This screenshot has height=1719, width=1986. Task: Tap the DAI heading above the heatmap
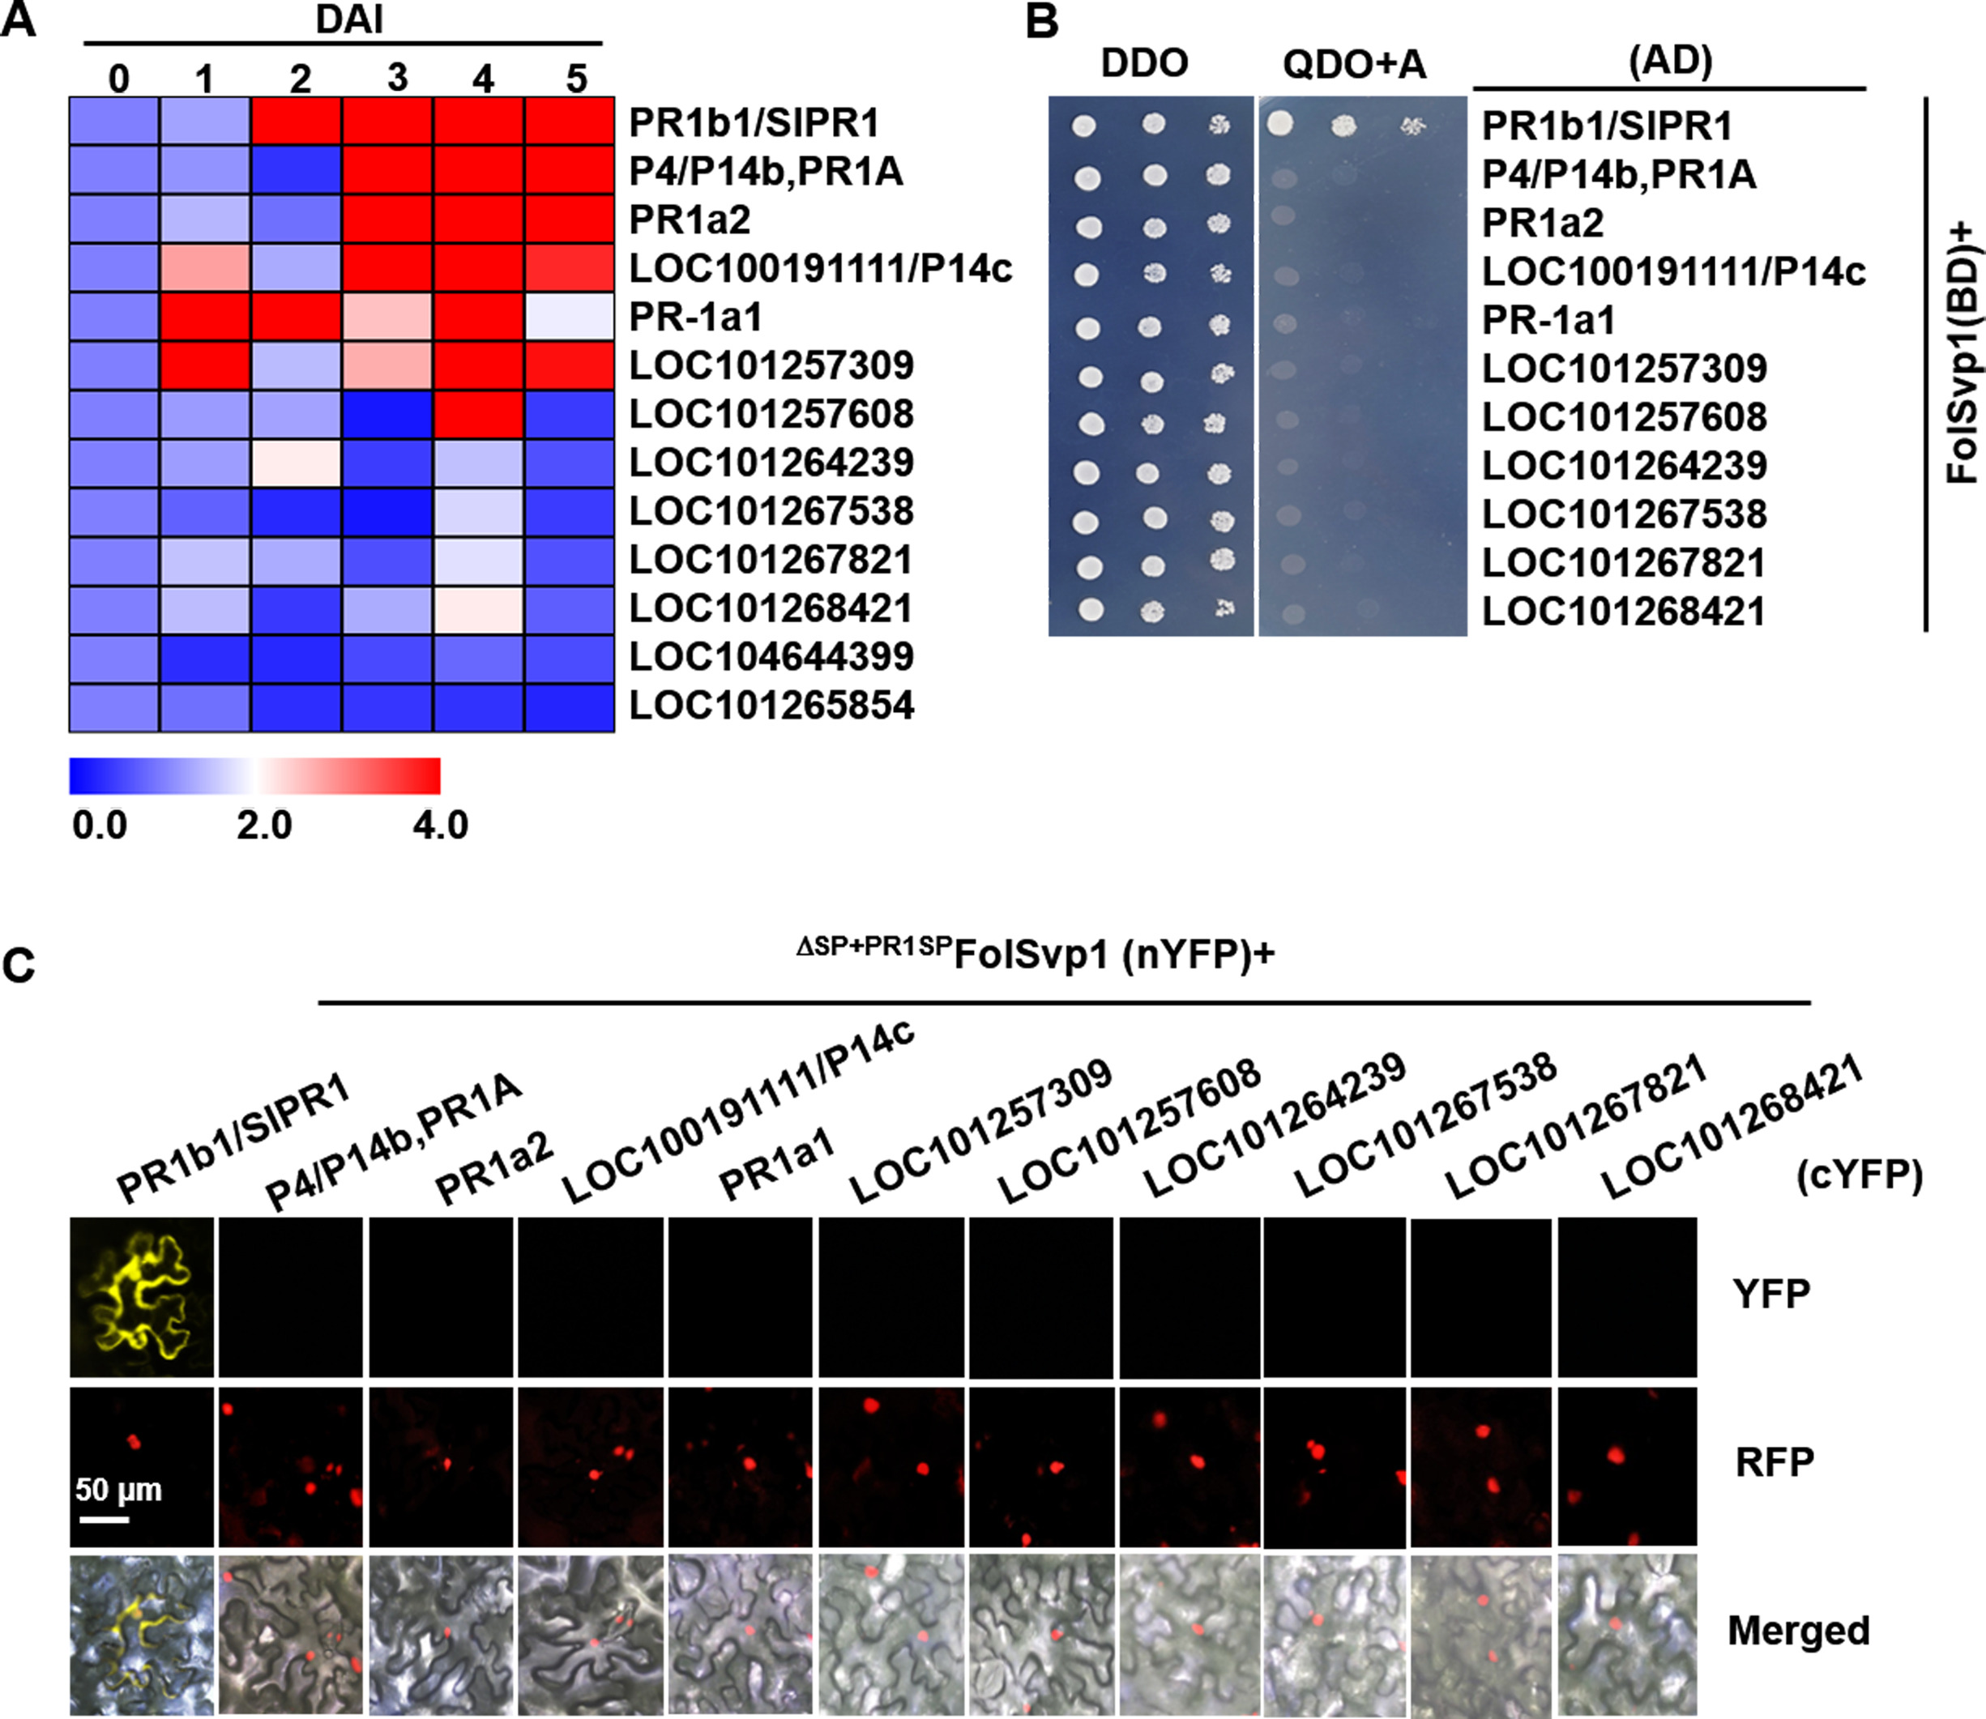(x=349, y=20)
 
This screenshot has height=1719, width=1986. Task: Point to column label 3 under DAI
(x=396, y=78)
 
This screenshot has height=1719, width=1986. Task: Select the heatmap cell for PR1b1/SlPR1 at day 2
(x=296, y=121)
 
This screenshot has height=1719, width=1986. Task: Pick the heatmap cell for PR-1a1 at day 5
(x=569, y=317)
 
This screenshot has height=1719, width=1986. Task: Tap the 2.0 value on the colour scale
(x=264, y=825)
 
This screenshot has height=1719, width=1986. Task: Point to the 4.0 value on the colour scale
(x=440, y=825)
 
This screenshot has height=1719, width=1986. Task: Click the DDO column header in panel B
(x=1145, y=63)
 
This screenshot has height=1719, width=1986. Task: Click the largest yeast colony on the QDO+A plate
(x=1280, y=123)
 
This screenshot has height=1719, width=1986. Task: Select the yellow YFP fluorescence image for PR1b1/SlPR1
(x=142, y=1297)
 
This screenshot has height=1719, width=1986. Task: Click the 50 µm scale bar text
(x=119, y=1490)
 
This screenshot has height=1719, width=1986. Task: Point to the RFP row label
(x=1774, y=1463)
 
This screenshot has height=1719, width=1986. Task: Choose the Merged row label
(x=1799, y=1631)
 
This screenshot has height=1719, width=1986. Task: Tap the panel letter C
(x=19, y=965)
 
